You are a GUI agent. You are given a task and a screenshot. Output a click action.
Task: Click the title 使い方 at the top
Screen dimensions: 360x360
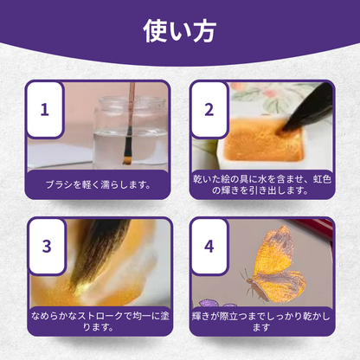point(179,31)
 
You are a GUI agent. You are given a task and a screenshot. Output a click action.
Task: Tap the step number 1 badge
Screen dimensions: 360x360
point(45,109)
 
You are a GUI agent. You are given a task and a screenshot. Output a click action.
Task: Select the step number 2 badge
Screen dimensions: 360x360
point(209,109)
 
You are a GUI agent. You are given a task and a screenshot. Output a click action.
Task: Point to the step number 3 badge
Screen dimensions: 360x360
point(47,246)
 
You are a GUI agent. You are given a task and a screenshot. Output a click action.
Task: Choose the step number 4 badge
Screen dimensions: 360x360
point(209,246)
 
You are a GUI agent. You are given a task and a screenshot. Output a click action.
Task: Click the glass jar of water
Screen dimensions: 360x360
point(131,132)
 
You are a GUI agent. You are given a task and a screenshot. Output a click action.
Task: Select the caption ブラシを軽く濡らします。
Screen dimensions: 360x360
point(98,184)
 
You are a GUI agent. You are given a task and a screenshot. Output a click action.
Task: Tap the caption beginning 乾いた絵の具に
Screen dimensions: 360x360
point(262,184)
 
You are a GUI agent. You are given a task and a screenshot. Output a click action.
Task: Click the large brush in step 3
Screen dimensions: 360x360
point(98,254)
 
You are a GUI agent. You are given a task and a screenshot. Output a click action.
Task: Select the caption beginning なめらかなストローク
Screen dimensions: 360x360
point(100,321)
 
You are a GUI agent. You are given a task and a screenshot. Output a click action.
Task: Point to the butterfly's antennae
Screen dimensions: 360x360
point(244,275)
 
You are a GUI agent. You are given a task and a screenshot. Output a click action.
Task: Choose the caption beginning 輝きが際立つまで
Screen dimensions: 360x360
point(261,321)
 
